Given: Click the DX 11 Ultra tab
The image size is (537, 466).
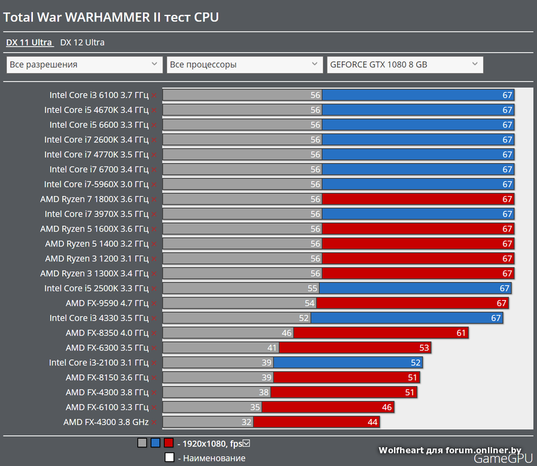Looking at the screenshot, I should click(29, 42).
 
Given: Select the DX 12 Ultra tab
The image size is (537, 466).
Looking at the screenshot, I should click(82, 42).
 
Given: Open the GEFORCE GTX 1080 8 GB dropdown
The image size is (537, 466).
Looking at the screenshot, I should click(405, 64).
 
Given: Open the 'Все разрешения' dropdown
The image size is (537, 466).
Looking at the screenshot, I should click(83, 64).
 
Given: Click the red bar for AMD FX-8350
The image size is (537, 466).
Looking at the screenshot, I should click(381, 332).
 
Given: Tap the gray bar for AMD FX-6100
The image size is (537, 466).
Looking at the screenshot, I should click(211, 407).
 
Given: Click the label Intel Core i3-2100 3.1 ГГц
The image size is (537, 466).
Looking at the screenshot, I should click(99, 363).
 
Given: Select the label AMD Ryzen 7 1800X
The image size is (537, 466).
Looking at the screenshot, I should click(94, 199).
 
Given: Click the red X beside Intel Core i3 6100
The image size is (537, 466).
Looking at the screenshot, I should click(154, 95).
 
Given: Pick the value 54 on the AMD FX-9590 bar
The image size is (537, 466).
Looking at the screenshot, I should click(309, 303).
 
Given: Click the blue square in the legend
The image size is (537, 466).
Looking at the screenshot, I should click(155, 443).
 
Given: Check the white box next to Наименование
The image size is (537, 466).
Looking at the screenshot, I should click(169, 458).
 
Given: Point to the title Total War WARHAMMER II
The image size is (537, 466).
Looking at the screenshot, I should click(111, 17).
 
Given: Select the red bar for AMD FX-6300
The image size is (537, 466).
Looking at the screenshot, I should click(354, 347).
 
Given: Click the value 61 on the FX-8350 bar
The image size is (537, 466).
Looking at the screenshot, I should click(461, 332).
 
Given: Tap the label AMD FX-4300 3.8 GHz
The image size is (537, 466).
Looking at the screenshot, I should click(105, 422).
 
